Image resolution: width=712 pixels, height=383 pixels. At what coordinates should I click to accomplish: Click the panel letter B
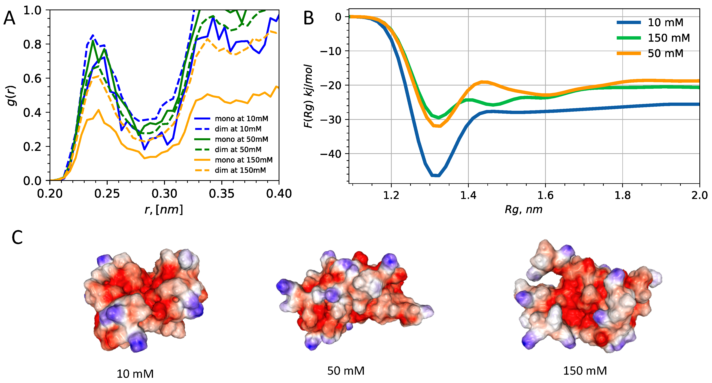click(x=308, y=19)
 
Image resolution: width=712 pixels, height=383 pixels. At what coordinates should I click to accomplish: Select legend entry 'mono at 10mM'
click(x=241, y=119)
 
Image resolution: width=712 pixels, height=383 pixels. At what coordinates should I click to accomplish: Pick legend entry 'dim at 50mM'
click(x=238, y=150)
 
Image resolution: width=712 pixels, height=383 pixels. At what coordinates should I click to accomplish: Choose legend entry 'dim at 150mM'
click(x=240, y=170)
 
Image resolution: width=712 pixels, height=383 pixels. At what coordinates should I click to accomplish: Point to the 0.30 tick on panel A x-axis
click(x=164, y=194)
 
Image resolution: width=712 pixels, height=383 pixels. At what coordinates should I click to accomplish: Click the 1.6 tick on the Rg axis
click(x=545, y=195)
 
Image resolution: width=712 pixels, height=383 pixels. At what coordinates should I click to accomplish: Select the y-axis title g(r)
click(x=12, y=95)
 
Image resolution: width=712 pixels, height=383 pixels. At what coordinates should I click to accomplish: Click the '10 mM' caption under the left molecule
click(x=135, y=374)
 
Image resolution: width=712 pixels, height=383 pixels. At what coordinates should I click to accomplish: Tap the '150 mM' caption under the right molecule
click(x=585, y=371)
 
